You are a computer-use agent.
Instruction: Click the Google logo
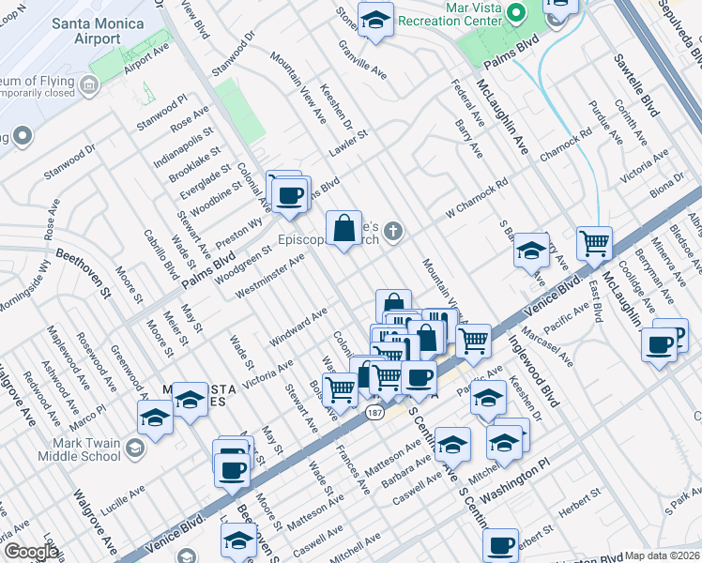click(31, 552)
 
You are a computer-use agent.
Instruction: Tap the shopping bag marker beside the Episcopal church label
click(344, 227)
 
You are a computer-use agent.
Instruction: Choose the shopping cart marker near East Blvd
click(594, 243)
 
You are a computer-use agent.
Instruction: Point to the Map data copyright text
click(663, 555)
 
